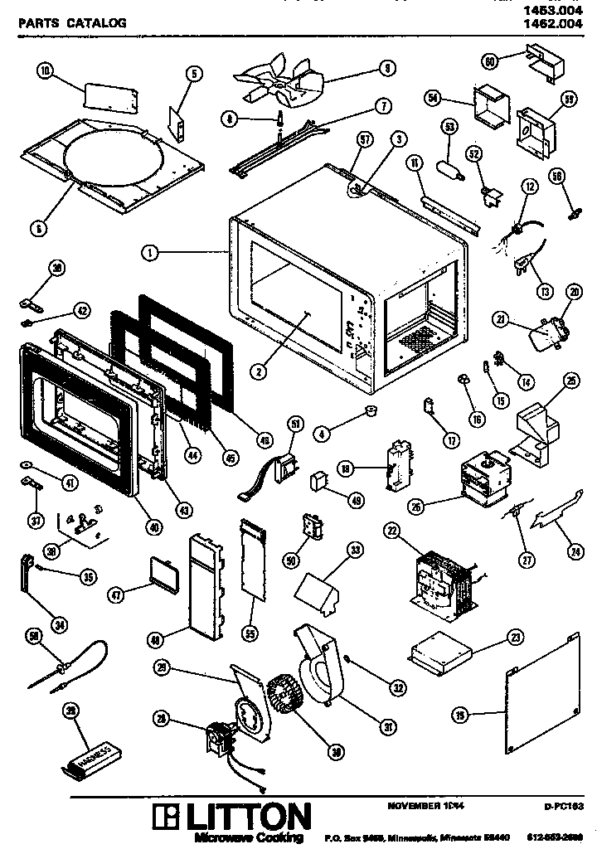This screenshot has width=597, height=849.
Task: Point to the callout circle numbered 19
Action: click(x=460, y=714)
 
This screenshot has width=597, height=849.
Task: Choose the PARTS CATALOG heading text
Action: click(x=72, y=23)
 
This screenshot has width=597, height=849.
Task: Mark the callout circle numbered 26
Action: click(x=415, y=506)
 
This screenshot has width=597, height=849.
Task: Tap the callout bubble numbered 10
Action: click(x=46, y=72)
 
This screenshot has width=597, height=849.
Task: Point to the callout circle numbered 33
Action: click(x=354, y=549)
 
